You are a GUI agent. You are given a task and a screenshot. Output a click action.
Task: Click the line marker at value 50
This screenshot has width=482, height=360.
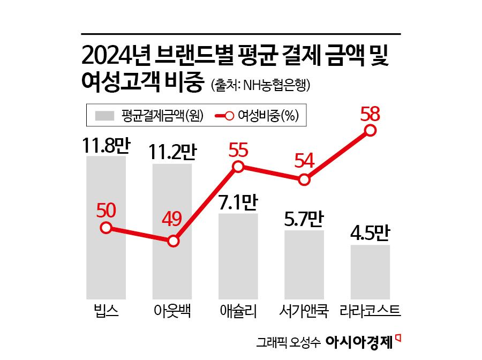tap(106, 228)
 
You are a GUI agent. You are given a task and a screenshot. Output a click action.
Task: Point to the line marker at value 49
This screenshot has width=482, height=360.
tap(172, 241)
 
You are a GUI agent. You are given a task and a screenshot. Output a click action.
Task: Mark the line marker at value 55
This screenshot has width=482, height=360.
tap(239, 167)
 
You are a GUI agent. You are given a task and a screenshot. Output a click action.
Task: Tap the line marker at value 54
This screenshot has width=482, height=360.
tap(304, 180)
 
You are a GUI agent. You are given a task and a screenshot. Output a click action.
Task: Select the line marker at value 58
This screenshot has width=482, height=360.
tap(370, 130)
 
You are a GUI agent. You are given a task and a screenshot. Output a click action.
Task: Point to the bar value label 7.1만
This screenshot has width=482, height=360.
tap(239, 203)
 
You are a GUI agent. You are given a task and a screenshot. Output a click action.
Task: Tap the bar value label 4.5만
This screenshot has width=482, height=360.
tap(371, 235)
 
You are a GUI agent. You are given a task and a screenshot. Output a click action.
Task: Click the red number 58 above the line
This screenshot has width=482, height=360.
tap(370, 114)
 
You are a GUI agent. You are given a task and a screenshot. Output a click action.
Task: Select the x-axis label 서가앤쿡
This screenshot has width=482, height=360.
tap(304, 311)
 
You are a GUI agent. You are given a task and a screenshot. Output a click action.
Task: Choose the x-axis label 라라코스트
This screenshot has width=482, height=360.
tap(371, 311)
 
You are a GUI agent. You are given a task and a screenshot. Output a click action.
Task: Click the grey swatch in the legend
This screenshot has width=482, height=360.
tap(105, 115)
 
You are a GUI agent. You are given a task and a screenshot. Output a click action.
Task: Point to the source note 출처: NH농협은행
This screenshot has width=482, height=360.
tap(261, 85)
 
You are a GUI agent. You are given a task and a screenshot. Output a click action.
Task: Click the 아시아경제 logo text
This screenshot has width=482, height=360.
tap(359, 341)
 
